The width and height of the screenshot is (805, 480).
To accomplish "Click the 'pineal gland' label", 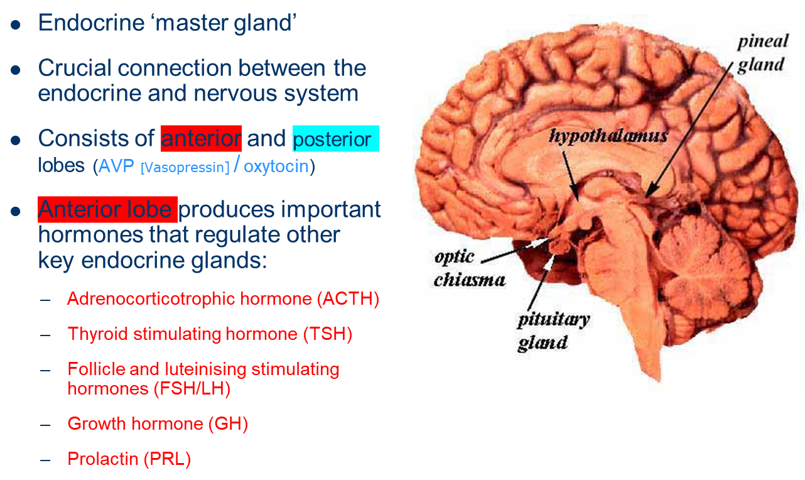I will (x=762, y=53).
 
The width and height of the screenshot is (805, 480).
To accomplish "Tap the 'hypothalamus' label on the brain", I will (x=608, y=136).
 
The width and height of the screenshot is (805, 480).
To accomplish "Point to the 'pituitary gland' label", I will (x=553, y=330).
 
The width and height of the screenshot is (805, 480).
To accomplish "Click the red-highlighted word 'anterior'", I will (x=201, y=138).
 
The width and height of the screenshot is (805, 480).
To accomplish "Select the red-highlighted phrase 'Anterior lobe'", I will (x=105, y=209).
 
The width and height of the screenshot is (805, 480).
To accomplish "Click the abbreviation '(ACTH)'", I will (x=348, y=299).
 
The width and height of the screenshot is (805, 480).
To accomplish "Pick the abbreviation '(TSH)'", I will (x=327, y=334).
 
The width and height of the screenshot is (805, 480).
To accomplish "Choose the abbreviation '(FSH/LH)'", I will (x=192, y=389).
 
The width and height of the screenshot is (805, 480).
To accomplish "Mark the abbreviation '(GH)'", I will (x=228, y=424).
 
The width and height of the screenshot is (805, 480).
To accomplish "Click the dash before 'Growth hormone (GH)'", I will (x=45, y=424).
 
